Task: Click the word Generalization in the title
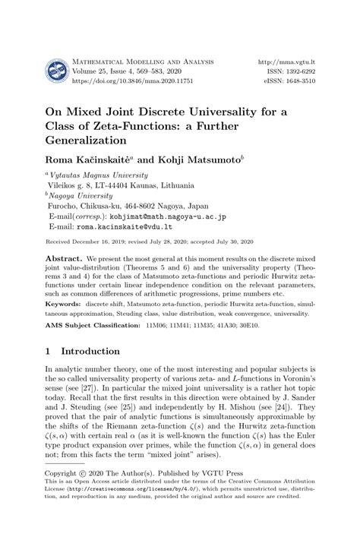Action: [x=90, y=141]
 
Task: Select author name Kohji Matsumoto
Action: [x=204, y=162]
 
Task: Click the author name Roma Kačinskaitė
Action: [x=89, y=162]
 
